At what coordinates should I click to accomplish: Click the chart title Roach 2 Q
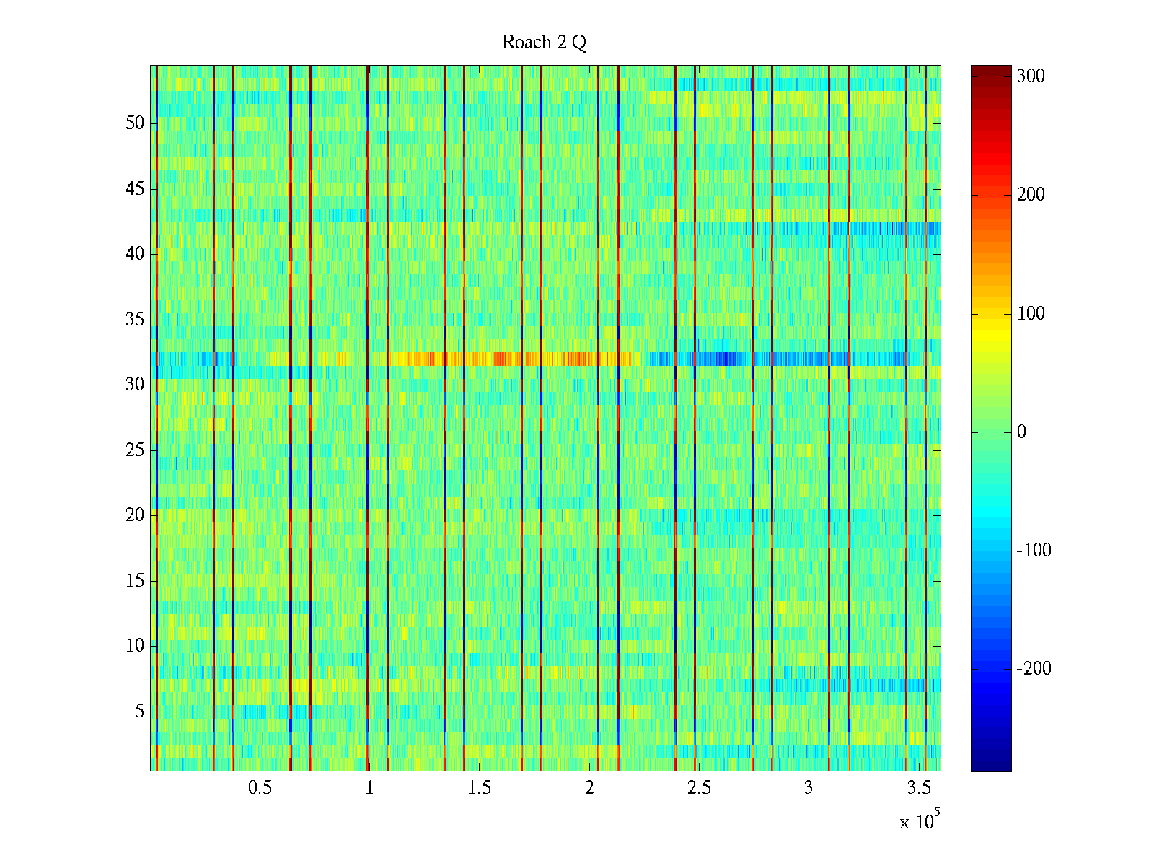click(x=544, y=42)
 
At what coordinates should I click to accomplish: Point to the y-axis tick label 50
click(x=135, y=123)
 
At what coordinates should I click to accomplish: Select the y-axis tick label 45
click(x=135, y=189)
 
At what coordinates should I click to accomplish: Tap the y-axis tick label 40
click(x=135, y=254)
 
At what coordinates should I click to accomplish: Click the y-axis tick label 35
click(x=135, y=319)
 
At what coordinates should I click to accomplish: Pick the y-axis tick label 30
click(x=135, y=385)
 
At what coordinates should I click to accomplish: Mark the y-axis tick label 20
click(x=135, y=515)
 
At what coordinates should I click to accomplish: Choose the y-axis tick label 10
click(x=135, y=645)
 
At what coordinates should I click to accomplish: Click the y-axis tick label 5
click(x=139, y=711)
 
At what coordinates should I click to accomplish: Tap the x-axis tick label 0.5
click(x=260, y=787)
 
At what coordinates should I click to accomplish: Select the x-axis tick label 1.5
click(x=479, y=787)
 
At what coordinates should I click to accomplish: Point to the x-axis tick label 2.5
click(x=699, y=787)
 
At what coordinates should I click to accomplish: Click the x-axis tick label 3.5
click(x=918, y=787)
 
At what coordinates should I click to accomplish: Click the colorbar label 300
click(x=1031, y=76)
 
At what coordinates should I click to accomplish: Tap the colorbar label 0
click(x=1021, y=432)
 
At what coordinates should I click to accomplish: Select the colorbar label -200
click(x=1034, y=669)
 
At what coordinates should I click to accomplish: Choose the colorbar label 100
click(x=1031, y=314)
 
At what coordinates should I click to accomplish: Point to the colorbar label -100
click(x=1034, y=551)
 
